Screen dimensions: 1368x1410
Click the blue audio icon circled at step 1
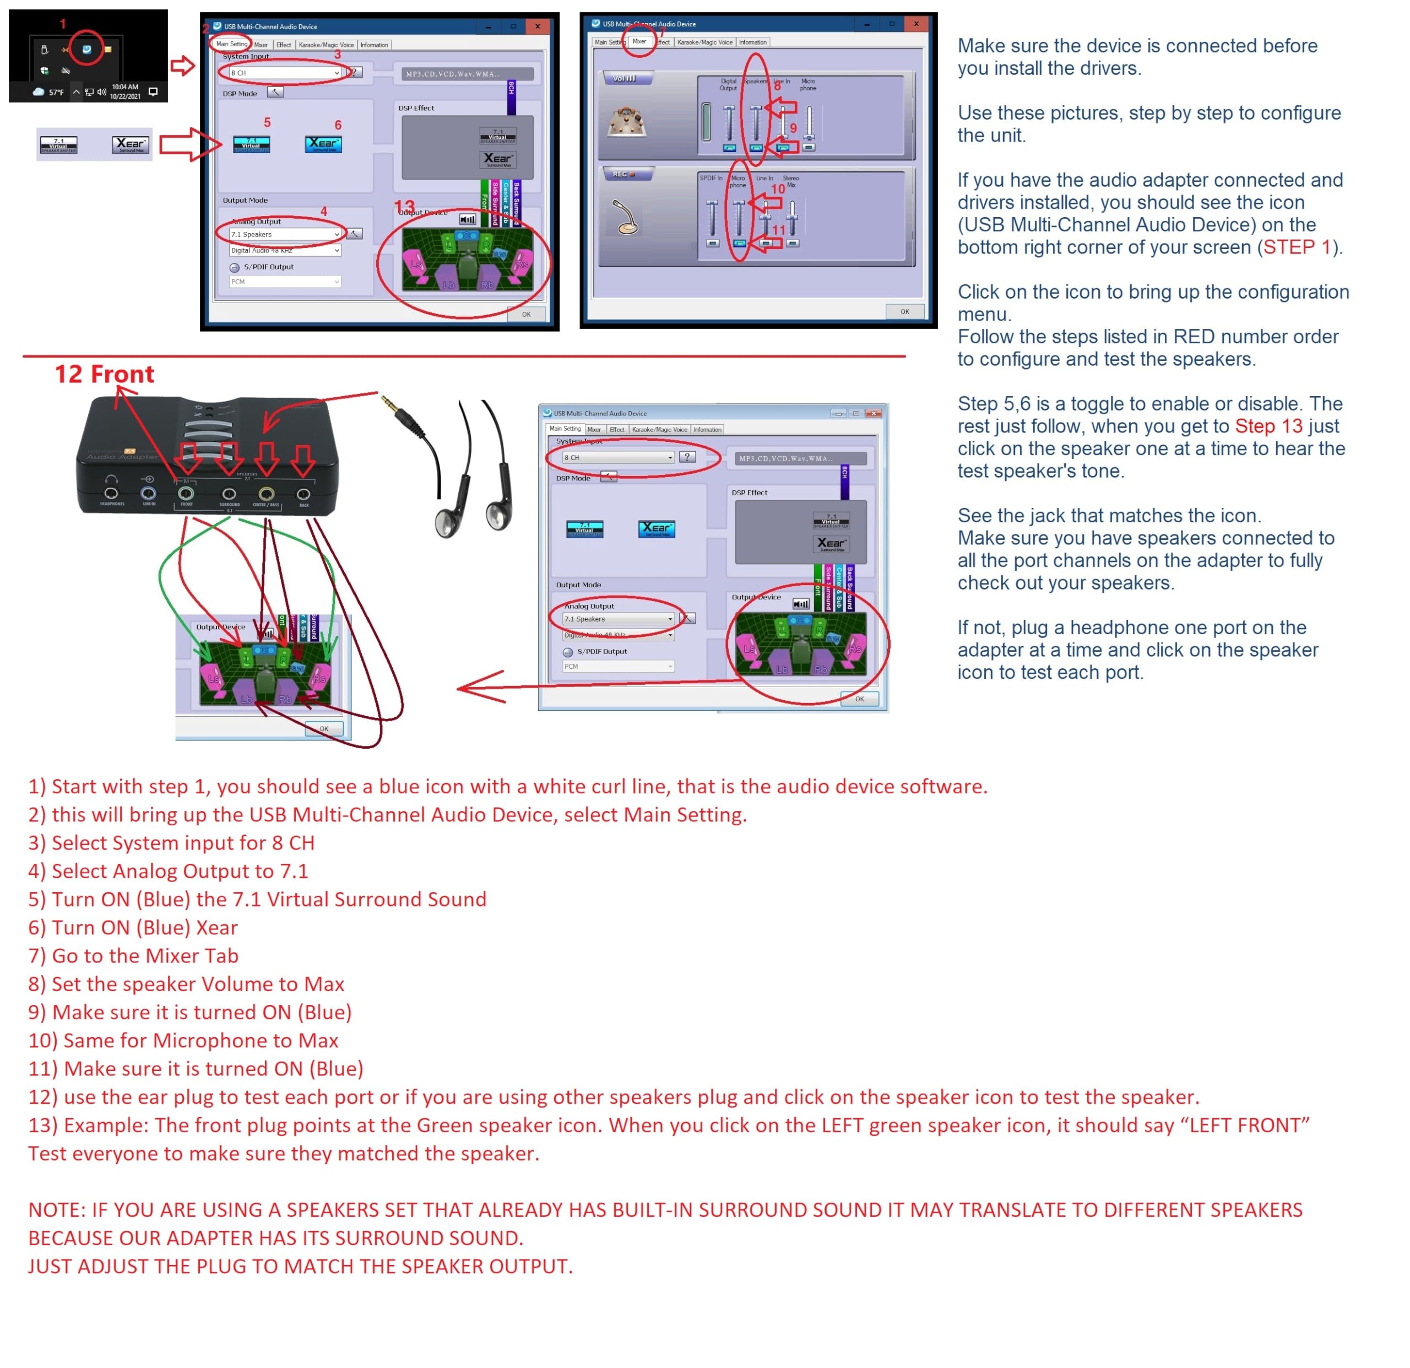[x=86, y=49]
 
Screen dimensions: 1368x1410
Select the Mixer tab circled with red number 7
[x=639, y=42]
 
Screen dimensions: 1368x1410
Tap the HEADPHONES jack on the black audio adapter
[x=111, y=494]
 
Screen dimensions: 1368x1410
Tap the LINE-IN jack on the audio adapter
[x=148, y=494]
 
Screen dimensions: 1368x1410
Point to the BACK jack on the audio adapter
[x=303, y=494]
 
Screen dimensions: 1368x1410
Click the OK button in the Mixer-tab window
[x=904, y=312]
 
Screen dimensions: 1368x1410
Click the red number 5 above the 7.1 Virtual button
[x=267, y=122]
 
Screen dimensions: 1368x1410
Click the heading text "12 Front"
[x=105, y=374]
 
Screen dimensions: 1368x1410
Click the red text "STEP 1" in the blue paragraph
[x=1297, y=247]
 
